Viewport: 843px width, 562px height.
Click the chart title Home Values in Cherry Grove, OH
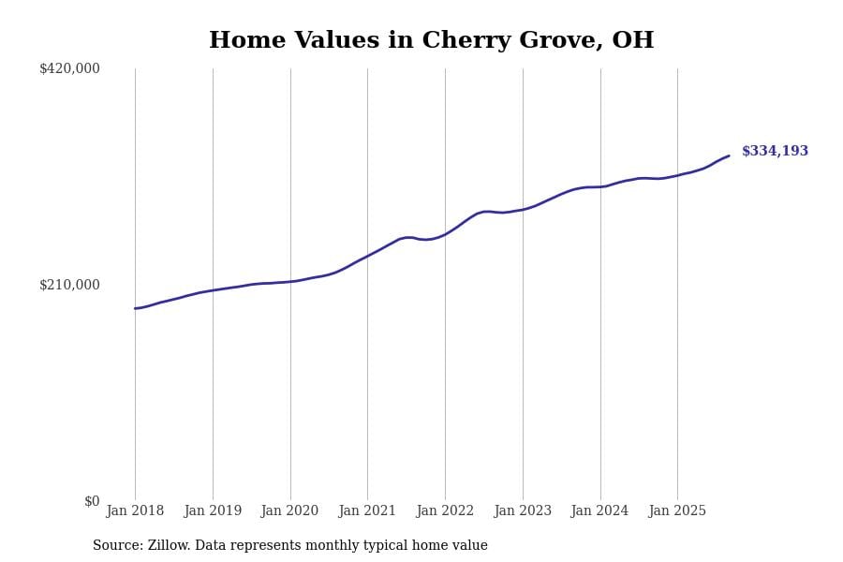pyautogui.click(x=431, y=41)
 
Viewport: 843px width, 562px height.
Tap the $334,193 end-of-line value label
pyautogui.click(x=775, y=152)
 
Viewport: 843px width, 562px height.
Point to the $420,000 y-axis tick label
pyautogui.click(x=69, y=68)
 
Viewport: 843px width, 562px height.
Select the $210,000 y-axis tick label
pyautogui.click(x=69, y=285)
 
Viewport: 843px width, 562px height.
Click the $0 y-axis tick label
pyautogui.click(x=92, y=501)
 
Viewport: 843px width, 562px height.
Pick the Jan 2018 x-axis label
pyautogui.click(x=135, y=511)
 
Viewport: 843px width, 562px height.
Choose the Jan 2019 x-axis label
pyautogui.click(x=213, y=511)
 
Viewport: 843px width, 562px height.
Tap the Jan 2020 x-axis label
pyautogui.click(x=289, y=511)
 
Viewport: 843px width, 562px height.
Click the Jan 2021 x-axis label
pyautogui.click(x=367, y=511)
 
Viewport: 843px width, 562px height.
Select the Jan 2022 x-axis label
pyautogui.click(x=445, y=511)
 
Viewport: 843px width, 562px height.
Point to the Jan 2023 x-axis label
pyautogui.click(x=523, y=511)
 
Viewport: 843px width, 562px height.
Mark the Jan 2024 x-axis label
pyautogui.click(x=600, y=511)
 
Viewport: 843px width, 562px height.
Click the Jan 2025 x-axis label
pyautogui.click(x=677, y=511)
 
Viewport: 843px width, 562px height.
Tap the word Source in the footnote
pyautogui.click(x=117, y=546)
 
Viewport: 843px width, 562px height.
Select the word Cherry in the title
pyautogui.click(x=463, y=41)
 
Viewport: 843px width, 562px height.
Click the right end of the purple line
pyautogui.click(x=729, y=155)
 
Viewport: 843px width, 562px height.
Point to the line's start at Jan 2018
pyautogui.click(x=135, y=308)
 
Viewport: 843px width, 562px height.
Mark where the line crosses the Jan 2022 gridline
pyautogui.click(x=445, y=234)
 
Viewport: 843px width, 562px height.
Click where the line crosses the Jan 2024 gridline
pyautogui.click(x=600, y=186)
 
